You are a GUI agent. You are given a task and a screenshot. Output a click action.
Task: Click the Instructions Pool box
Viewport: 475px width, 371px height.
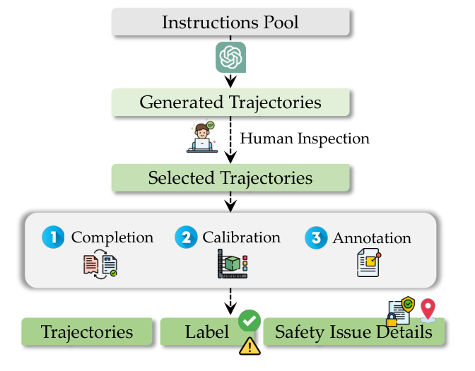(x=230, y=22)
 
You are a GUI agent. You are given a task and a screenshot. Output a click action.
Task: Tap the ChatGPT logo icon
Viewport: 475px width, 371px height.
(x=230, y=57)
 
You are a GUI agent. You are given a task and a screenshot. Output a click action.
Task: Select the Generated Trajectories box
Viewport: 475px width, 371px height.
(x=230, y=102)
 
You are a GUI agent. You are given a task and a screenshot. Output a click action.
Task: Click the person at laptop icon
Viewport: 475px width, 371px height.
(x=202, y=137)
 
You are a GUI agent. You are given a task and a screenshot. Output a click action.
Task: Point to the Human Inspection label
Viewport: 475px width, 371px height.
(x=305, y=139)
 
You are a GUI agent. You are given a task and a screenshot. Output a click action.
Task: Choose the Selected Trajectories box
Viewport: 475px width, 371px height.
(x=230, y=177)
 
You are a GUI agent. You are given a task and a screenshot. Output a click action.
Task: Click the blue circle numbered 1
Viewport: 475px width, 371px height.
(x=54, y=237)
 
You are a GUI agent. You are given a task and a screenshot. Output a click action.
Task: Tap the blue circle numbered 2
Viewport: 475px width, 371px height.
(x=186, y=237)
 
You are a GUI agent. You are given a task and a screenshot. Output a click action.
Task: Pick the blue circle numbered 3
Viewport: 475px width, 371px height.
(x=316, y=237)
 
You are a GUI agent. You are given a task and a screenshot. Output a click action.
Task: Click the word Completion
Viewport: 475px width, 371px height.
(x=112, y=237)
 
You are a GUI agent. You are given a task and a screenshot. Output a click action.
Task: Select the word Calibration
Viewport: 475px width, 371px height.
(x=242, y=237)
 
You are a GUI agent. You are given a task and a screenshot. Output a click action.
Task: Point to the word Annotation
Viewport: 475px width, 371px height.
(x=372, y=238)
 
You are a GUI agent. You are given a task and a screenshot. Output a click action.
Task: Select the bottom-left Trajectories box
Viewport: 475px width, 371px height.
(x=86, y=331)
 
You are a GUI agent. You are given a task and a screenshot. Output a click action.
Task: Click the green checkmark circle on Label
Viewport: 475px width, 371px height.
(x=249, y=320)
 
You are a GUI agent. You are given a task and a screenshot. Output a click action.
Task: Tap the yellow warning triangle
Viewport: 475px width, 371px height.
(x=250, y=346)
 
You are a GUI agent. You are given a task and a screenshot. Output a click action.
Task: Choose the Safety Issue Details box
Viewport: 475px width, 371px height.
(x=353, y=332)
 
